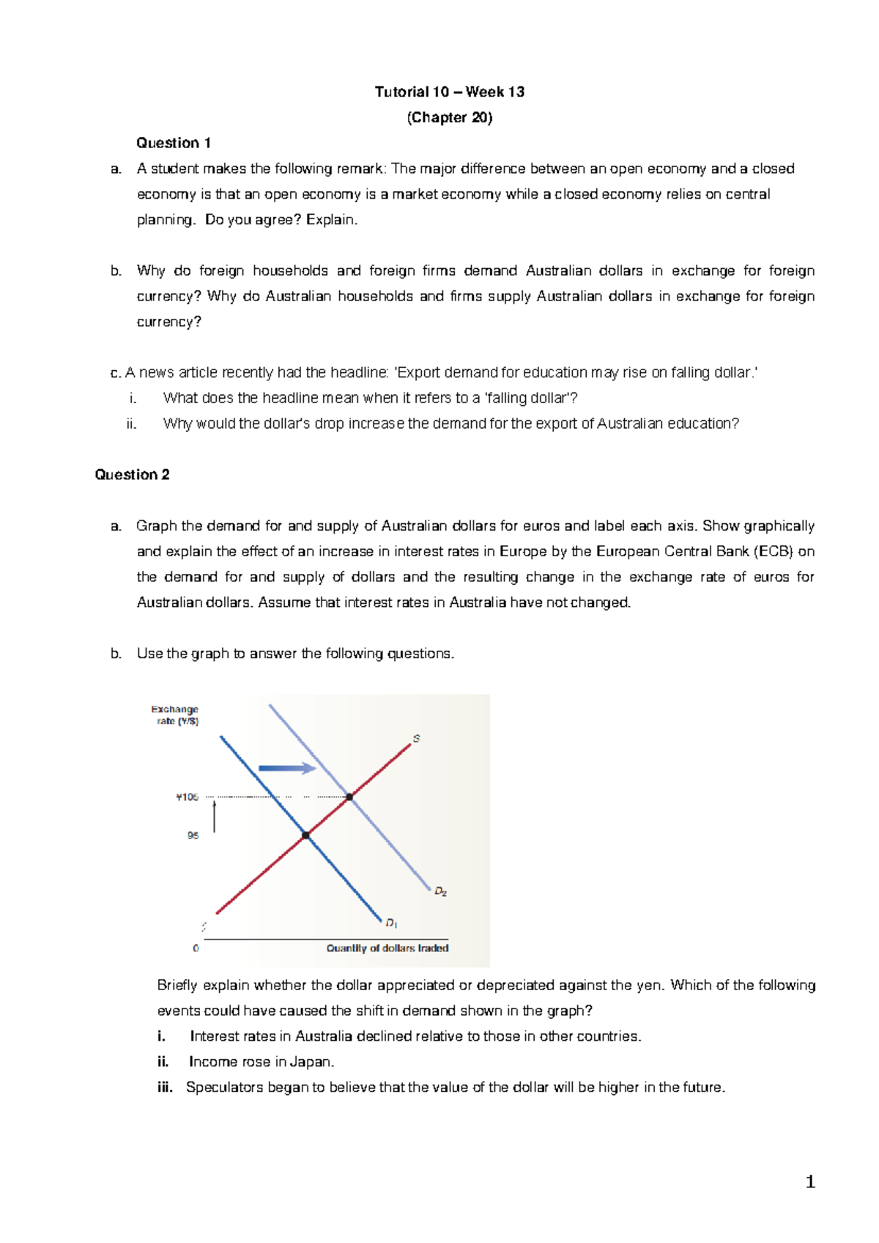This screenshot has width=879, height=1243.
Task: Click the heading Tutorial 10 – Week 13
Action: coord(449,92)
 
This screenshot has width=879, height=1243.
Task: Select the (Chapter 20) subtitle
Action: coord(449,117)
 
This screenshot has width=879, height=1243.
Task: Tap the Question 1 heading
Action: coord(174,143)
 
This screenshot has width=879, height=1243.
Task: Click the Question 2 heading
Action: coord(132,475)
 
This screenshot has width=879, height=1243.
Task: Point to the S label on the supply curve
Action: coord(416,738)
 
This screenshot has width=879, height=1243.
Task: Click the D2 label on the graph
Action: coord(440,891)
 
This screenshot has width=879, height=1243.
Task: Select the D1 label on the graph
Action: coord(391,923)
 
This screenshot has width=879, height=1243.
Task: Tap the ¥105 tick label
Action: coord(187,797)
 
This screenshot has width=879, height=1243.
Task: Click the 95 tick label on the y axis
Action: coord(193,836)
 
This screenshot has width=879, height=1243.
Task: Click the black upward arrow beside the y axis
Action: coord(214,816)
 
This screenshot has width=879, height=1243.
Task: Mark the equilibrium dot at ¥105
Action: coord(349,797)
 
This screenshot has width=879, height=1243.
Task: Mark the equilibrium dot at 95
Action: coord(305,836)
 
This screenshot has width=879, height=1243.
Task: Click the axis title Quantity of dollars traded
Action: coord(387,948)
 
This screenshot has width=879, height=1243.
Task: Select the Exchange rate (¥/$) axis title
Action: coord(175,715)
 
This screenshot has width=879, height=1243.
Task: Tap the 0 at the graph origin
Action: coord(196,948)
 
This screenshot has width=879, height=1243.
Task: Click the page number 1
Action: coord(809,1181)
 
